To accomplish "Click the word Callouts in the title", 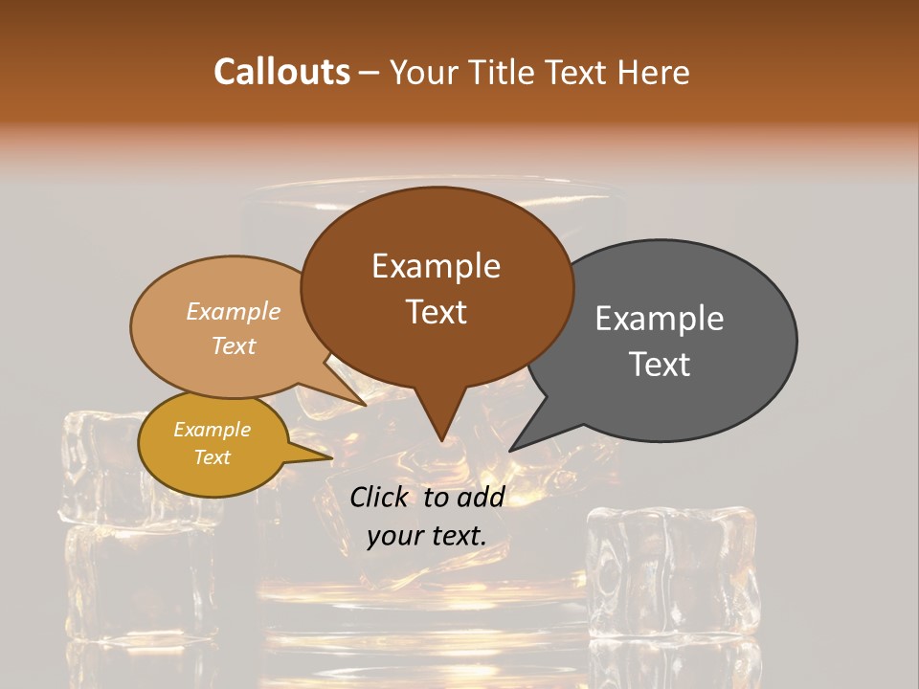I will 281,72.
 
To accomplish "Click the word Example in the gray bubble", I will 660,319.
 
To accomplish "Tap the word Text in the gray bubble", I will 660,365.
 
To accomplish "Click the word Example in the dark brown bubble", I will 436,265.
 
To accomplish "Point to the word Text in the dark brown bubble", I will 436,312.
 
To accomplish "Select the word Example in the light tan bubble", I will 233,312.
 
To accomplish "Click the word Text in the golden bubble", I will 212,457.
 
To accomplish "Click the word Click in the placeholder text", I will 378,497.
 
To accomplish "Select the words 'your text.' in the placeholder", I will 426,536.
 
